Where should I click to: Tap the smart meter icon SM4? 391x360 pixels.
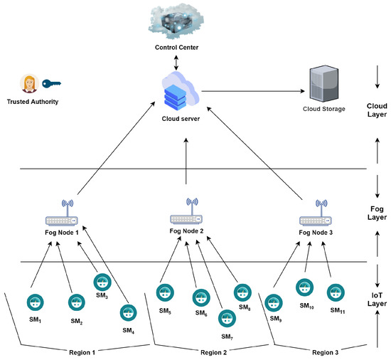(128, 312)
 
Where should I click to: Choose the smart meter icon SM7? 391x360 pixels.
(227, 317)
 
